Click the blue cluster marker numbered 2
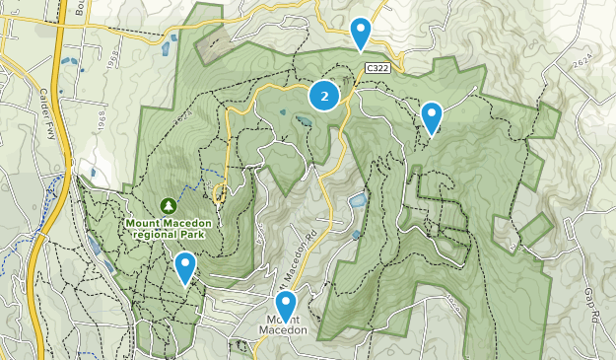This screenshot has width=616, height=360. click(324, 96)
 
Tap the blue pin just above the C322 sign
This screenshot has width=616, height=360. click(362, 33)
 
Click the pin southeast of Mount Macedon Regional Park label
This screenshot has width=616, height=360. click(184, 267)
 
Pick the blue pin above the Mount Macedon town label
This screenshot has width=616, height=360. click(286, 305)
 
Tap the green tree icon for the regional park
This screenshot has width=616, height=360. click(170, 205)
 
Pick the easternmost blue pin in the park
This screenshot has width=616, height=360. click(431, 117)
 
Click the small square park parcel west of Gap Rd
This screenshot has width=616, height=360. click(535, 229)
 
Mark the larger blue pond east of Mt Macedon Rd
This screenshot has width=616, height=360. click(358, 202)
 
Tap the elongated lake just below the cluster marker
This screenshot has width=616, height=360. click(302, 122)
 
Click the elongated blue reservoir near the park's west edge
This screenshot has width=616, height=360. click(94, 247)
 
